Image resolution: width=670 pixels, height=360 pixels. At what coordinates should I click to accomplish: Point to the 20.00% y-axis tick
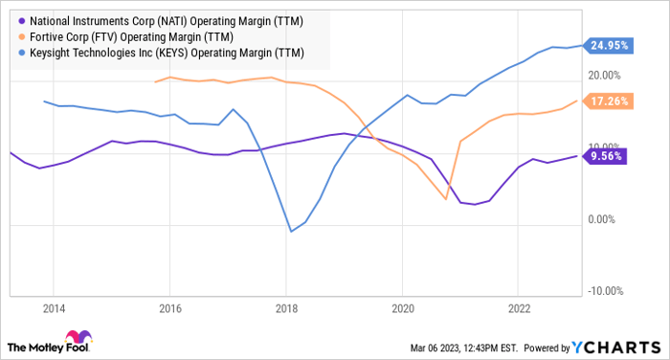click(x=602, y=75)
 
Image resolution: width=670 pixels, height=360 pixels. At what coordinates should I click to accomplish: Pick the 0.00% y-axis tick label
click(x=605, y=219)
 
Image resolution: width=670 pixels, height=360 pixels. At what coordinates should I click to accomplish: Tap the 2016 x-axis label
click(x=169, y=308)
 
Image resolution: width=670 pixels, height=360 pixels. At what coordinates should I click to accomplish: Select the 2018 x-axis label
click(x=285, y=308)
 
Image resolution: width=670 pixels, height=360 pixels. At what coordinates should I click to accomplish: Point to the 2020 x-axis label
click(x=402, y=308)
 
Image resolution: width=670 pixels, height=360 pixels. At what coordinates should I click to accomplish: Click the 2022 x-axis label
click(x=518, y=308)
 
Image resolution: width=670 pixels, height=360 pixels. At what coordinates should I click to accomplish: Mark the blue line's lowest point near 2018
click(x=291, y=231)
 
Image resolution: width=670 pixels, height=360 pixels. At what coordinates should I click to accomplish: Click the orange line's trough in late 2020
click(x=446, y=198)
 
